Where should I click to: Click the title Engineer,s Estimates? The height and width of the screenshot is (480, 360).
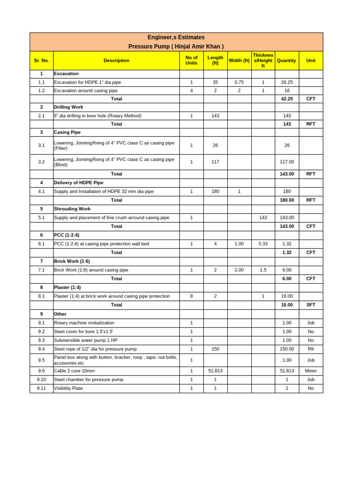(176, 37)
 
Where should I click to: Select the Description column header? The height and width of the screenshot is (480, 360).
(116, 60)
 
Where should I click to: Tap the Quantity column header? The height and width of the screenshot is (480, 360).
(286, 60)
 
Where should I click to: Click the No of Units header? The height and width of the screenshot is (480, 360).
(191, 60)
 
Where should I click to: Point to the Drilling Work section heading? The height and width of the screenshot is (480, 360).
(68, 107)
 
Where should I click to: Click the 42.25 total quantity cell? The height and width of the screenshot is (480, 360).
(287, 99)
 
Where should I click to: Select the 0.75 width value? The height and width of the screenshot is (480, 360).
(239, 82)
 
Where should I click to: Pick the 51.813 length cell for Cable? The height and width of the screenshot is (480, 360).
(215, 371)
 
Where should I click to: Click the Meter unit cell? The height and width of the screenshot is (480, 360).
(311, 371)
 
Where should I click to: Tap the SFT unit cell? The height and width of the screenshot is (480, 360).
(311, 305)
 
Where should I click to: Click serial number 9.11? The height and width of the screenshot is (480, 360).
(41, 388)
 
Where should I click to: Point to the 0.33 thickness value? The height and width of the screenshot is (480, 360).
(263, 244)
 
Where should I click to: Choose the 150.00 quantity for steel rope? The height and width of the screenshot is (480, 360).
(287, 349)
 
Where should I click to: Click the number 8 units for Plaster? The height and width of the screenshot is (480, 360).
(191, 296)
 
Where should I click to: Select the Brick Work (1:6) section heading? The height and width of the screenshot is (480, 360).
(72, 261)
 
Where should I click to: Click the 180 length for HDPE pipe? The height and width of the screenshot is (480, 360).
(215, 191)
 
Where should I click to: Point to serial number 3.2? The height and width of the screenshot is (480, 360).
(41, 162)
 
